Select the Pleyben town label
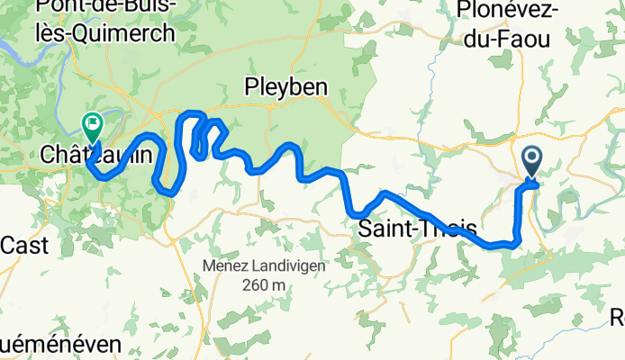point(286,86)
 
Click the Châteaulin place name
point(83,156)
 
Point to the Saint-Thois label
point(417,229)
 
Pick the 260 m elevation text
point(262,285)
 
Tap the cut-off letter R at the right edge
point(618,317)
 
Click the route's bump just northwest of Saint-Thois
point(385,193)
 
